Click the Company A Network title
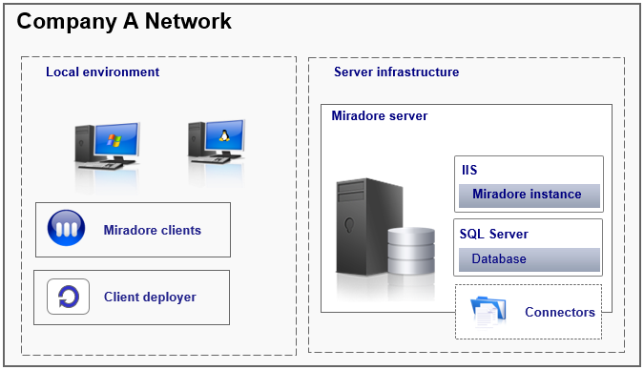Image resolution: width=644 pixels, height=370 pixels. [x=124, y=21]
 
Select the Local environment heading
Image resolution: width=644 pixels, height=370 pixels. [x=102, y=72]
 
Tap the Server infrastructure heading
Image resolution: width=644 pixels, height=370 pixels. [x=396, y=72]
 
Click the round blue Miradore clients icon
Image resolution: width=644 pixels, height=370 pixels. [x=68, y=230]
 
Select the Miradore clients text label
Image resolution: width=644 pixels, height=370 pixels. [x=152, y=230]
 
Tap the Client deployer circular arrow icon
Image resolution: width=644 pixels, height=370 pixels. [x=68, y=297]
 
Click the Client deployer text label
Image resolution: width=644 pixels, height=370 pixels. [x=150, y=297]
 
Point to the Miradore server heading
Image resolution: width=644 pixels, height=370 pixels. [x=379, y=116]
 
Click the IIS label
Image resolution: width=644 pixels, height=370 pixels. [x=468, y=171]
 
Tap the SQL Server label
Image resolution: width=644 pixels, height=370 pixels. [x=493, y=235]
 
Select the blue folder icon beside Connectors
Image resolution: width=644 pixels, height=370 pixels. [x=490, y=311]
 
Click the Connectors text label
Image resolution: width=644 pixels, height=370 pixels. [x=559, y=312]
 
